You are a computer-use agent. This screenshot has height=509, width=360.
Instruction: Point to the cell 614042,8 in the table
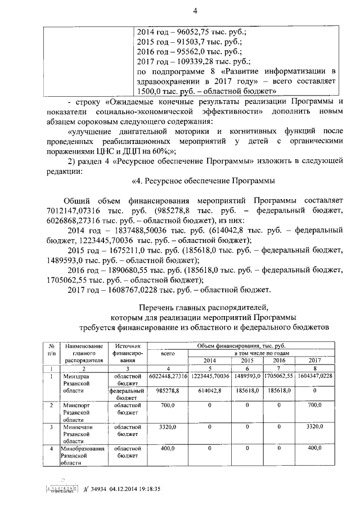coord(209,390)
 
